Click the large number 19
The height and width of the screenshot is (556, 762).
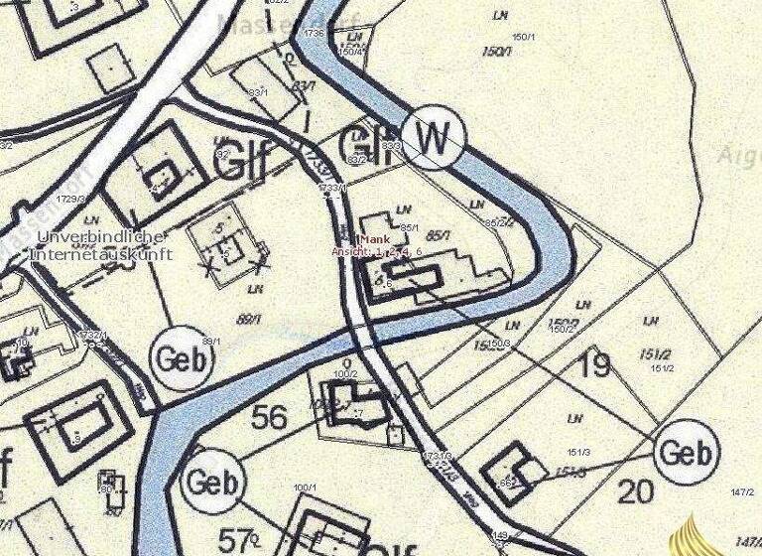[x=593, y=365]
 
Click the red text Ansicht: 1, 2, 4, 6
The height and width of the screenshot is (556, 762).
[x=377, y=252]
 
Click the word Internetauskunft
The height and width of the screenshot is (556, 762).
[x=102, y=254]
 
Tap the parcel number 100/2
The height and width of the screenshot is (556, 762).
[x=344, y=373]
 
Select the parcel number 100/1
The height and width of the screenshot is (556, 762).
[x=305, y=487]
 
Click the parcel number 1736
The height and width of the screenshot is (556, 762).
[x=316, y=34]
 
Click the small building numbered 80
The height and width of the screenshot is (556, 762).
[x=112, y=487]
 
